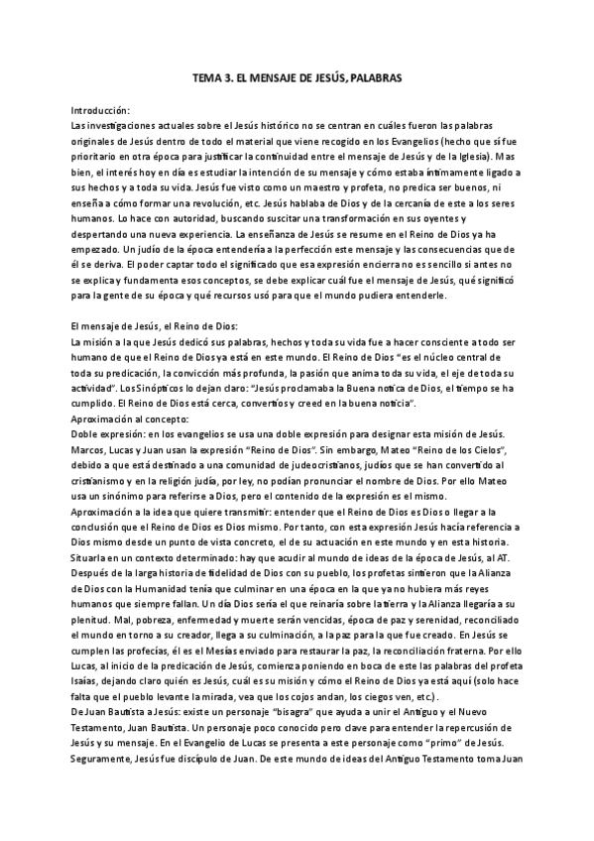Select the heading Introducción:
point(101,110)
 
